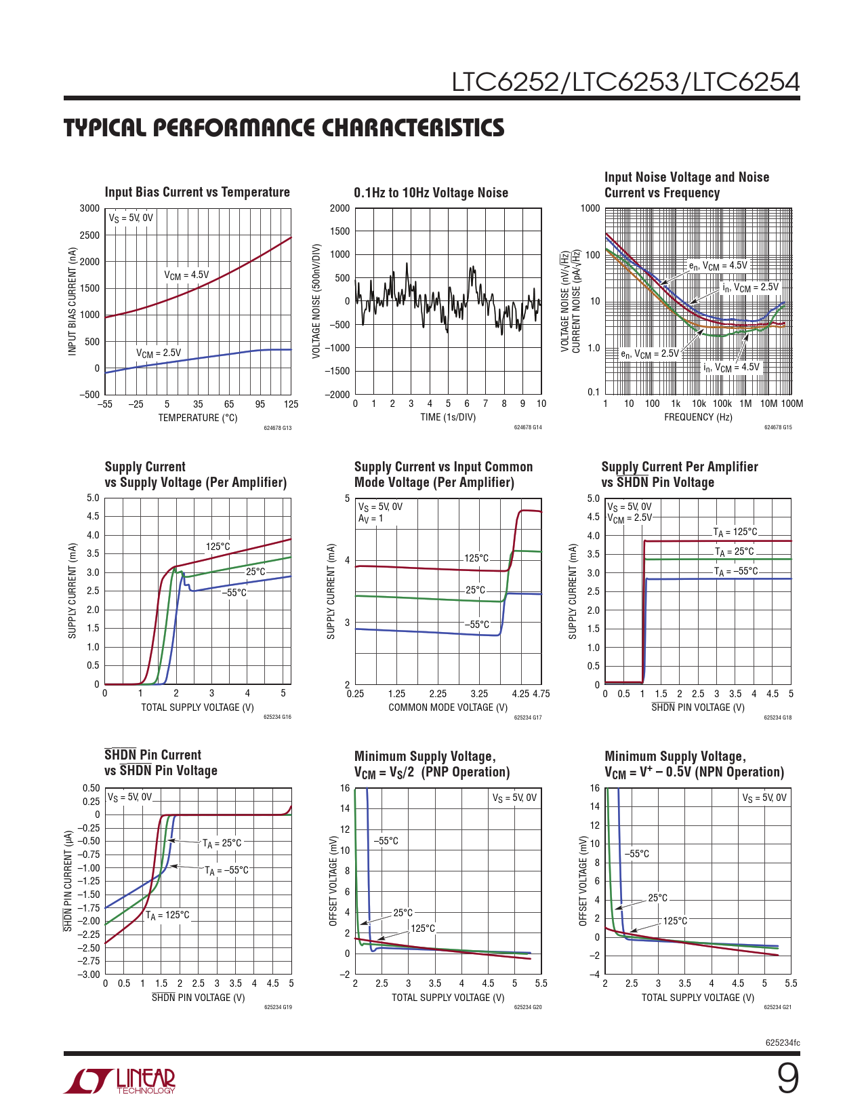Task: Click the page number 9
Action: pyautogui.click(x=787, y=1078)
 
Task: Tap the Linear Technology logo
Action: pyautogui.click(x=120, y=1081)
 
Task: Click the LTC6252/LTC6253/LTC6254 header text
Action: pyautogui.click(x=625, y=82)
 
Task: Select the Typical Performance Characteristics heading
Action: pyautogui.click(x=284, y=127)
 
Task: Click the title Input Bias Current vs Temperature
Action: pyautogui.click(x=197, y=192)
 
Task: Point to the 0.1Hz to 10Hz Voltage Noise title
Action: pyautogui.click(x=431, y=193)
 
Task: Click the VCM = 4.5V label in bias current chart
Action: pyautogui.click(x=186, y=275)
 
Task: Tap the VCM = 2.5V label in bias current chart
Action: pyautogui.click(x=159, y=353)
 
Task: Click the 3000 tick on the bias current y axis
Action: pyautogui.click(x=89, y=208)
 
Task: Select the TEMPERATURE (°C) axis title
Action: pyautogui.click(x=198, y=418)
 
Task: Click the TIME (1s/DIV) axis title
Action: pyautogui.click(x=448, y=417)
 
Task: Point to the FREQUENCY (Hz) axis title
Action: pyautogui.click(x=698, y=417)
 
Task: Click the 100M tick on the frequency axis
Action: pyautogui.click(x=791, y=404)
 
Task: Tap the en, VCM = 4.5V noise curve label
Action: pyautogui.click(x=718, y=266)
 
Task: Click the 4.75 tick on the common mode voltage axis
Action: pyautogui.click(x=541, y=694)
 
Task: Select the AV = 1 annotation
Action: pyautogui.click(x=371, y=519)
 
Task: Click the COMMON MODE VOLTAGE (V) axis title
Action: pyautogui.click(x=448, y=707)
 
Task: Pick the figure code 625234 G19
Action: pyautogui.click(x=278, y=1007)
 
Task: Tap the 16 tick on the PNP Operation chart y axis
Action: pyautogui.click(x=345, y=788)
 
